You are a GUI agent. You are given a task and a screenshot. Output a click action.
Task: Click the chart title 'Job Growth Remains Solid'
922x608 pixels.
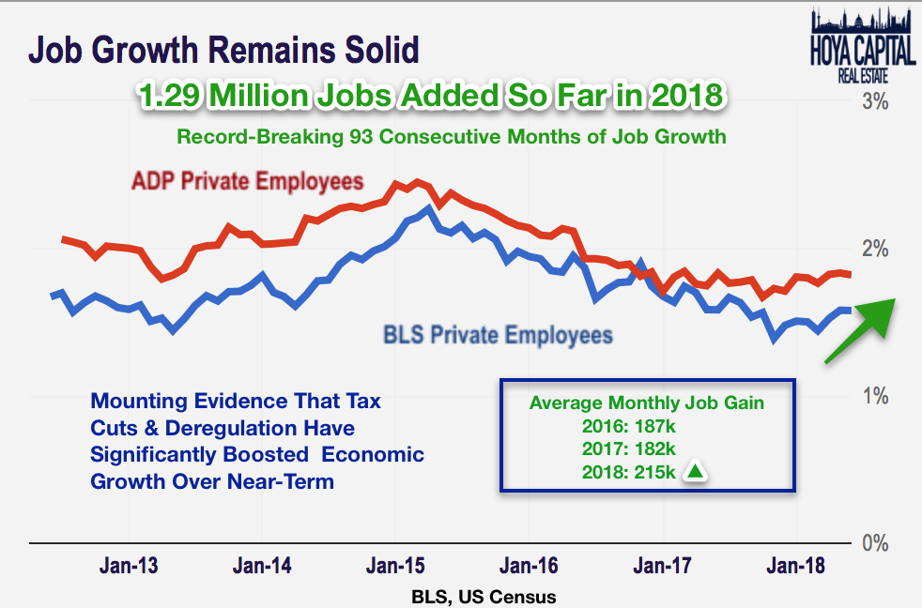point(223,49)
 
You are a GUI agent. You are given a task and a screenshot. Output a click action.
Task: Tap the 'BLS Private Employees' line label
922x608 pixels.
point(498,334)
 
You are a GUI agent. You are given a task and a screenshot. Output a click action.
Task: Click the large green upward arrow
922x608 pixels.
point(860,327)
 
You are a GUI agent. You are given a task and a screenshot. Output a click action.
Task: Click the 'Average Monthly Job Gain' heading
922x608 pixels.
point(646,403)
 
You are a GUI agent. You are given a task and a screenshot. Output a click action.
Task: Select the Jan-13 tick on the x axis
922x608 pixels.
point(129,566)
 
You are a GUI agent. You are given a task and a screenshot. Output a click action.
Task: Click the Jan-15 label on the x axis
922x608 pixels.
point(394,566)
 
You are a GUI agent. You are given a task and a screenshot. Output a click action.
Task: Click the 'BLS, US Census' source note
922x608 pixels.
point(483,596)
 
